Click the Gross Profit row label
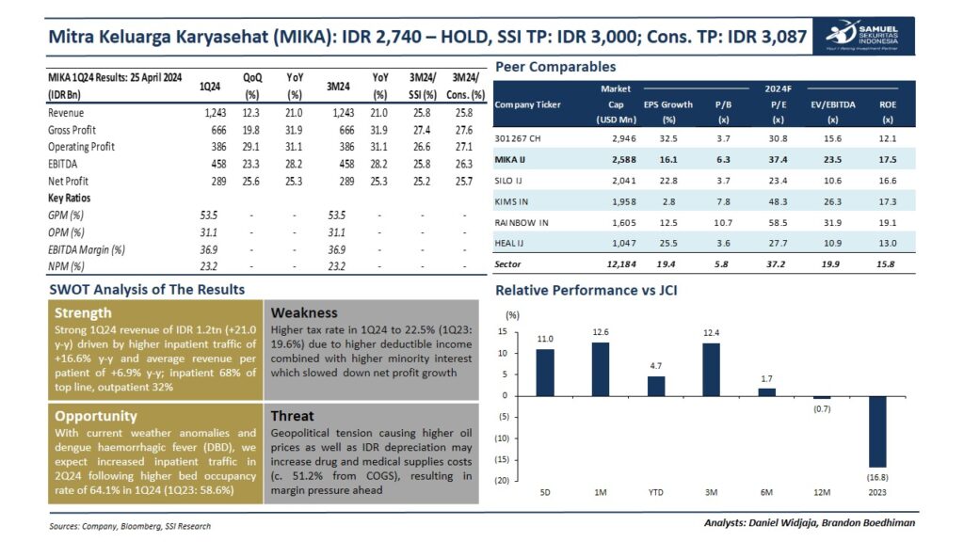pos(72,130)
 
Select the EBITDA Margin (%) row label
pos(87,249)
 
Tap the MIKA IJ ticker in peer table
pos(510,160)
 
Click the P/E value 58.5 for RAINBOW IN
pos(779,222)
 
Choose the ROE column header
pos(887,104)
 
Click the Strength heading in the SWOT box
pos(83,312)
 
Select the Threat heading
pos(293,415)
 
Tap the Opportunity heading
pos(95,415)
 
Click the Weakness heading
pos(304,312)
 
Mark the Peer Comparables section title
pos(555,67)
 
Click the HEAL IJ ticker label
pos(511,243)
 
